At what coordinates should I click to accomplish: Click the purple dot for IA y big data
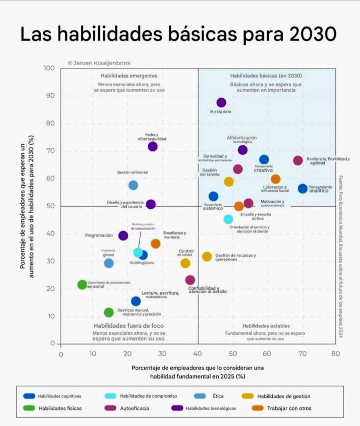click(x=221, y=103)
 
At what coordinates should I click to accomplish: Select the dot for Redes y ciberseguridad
click(x=153, y=146)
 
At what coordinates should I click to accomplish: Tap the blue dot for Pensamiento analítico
click(x=303, y=188)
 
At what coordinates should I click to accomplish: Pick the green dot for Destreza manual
click(x=109, y=312)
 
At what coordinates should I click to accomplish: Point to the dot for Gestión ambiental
click(x=133, y=185)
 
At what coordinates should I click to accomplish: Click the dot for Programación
click(x=123, y=235)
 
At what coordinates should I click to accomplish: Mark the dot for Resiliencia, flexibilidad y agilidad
click(x=298, y=161)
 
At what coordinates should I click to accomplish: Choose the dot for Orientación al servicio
click(x=228, y=219)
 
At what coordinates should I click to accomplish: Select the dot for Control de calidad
click(x=185, y=263)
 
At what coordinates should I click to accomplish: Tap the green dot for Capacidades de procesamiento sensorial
click(x=82, y=285)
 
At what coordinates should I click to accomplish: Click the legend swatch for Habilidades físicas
click(x=29, y=408)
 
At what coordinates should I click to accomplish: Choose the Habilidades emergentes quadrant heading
click(x=129, y=76)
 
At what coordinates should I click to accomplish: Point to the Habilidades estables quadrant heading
click(x=266, y=326)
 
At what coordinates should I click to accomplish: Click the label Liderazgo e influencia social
click(x=275, y=189)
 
